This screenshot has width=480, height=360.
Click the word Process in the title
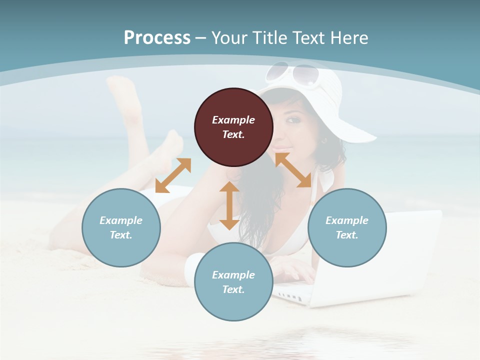pos(157,38)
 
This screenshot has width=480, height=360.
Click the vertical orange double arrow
pos(229,205)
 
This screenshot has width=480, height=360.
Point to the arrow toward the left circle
pos(173,175)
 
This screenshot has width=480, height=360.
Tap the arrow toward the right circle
pos(293,170)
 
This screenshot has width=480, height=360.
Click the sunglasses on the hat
pos(292,74)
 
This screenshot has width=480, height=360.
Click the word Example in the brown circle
pos(233,120)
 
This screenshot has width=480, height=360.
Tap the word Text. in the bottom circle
pos(233,289)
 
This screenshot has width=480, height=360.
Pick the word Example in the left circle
pos(121,220)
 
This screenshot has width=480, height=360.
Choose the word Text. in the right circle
pos(347,235)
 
